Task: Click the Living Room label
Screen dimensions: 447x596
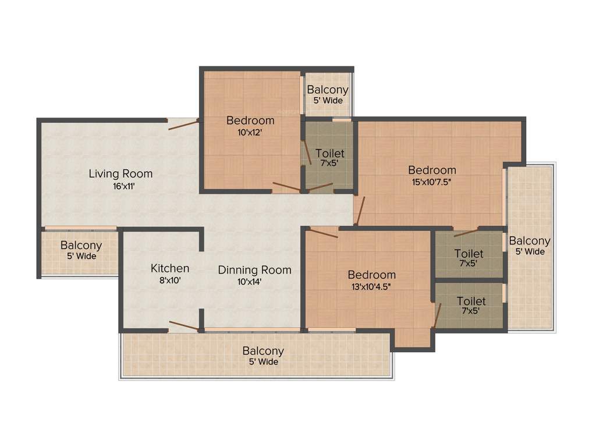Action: click(x=120, y=173)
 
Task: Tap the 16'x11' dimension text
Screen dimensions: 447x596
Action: click(x=120, y=186)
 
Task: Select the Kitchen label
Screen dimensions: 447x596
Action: click(x=170, y=268)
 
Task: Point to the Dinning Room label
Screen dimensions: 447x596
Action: click(x=254, y=270)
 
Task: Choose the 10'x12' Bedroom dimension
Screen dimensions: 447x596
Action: click(x=250, y=132)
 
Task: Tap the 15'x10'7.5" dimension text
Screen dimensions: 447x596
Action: click(x=432, y=181)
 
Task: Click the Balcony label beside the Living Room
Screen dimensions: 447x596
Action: click(x=81, y=246)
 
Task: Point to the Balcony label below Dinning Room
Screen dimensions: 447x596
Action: click(x=263, y=351)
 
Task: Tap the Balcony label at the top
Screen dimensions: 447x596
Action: click(x=328, y=90)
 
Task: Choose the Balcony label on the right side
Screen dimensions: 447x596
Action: click(x=530, y=241)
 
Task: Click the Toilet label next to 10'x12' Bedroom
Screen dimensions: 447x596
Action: click(x=329, y=153)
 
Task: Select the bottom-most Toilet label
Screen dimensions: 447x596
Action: click(x=471, y=301)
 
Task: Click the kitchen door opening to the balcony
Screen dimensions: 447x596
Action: click(x=183, y=326)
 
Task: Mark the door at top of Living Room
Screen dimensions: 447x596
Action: click(x=182, y=123)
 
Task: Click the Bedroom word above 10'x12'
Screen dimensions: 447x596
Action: click(x=250, y=120)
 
